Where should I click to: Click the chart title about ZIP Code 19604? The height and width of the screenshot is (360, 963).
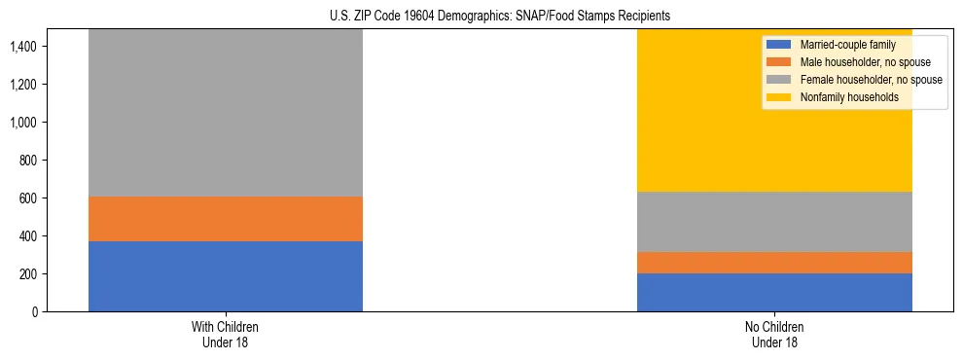[x=482, y=17]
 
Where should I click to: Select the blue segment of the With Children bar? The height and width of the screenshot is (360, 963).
[x=225, y=276]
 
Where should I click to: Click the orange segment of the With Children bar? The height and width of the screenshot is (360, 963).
[x=225, y=219]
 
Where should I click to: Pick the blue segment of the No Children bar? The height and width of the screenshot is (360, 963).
[x=774, y=292]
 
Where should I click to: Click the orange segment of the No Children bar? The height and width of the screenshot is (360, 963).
[x=774, y=263]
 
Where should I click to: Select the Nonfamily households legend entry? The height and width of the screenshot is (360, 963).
[x=842, y=97]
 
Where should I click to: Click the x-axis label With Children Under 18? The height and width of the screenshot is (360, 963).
[x=225, y=335]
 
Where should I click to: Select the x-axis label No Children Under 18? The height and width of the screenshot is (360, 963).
[x=774, y=335]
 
